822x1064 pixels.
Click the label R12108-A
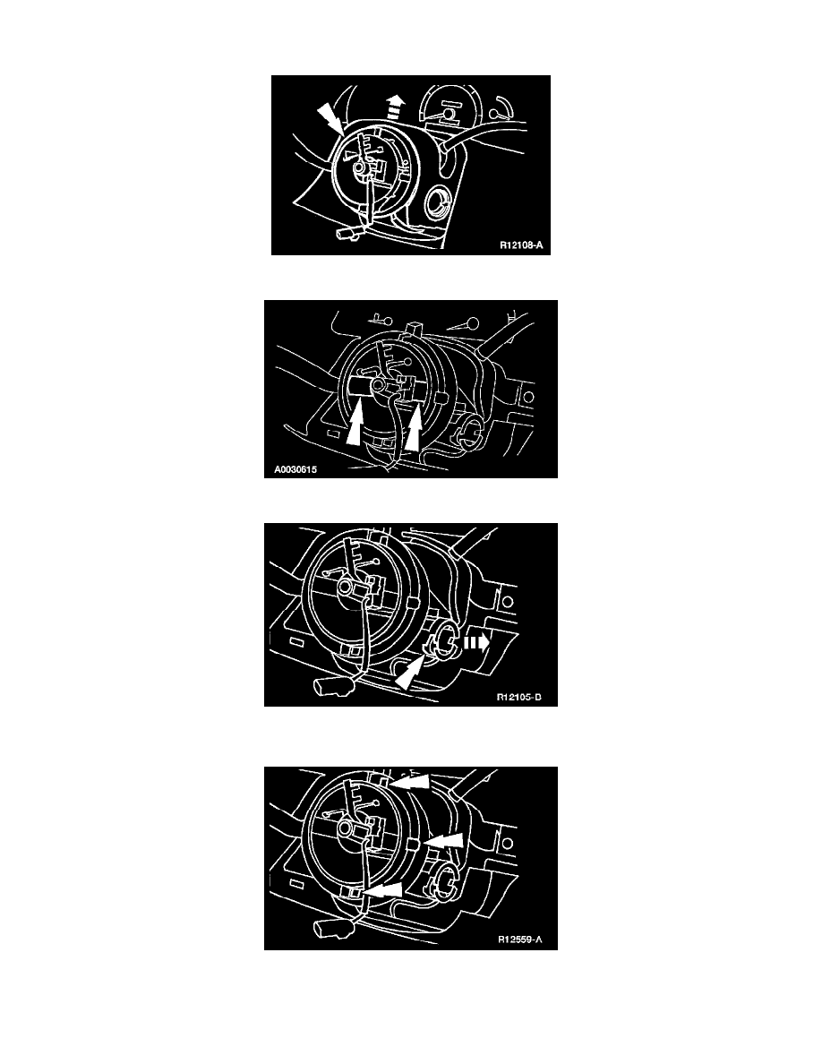click(x=521, y=245)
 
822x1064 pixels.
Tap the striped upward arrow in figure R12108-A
click(x=395, y=107)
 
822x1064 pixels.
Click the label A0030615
click(x=295, y=469)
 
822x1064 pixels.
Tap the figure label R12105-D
click(x=519, y=697)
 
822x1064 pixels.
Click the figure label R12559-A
click(x=520, y=940)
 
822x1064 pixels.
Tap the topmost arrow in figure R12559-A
click(x=411, y=783)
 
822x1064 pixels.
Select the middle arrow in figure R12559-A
click(x=443, y=841)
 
